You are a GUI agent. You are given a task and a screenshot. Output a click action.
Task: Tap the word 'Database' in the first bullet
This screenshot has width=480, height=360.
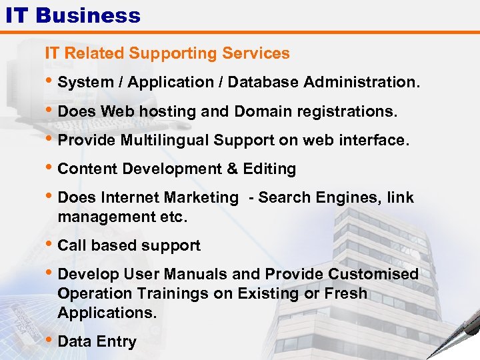(261, 83)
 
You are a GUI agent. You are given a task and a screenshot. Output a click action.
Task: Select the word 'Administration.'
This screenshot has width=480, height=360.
(362, 83)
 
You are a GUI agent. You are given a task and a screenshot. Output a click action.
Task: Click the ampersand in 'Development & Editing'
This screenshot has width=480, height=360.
(232, 169)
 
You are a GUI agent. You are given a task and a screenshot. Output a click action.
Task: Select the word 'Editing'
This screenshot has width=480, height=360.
(269, 169)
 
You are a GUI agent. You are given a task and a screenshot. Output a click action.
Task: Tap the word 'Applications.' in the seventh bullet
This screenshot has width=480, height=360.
(107, 313)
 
